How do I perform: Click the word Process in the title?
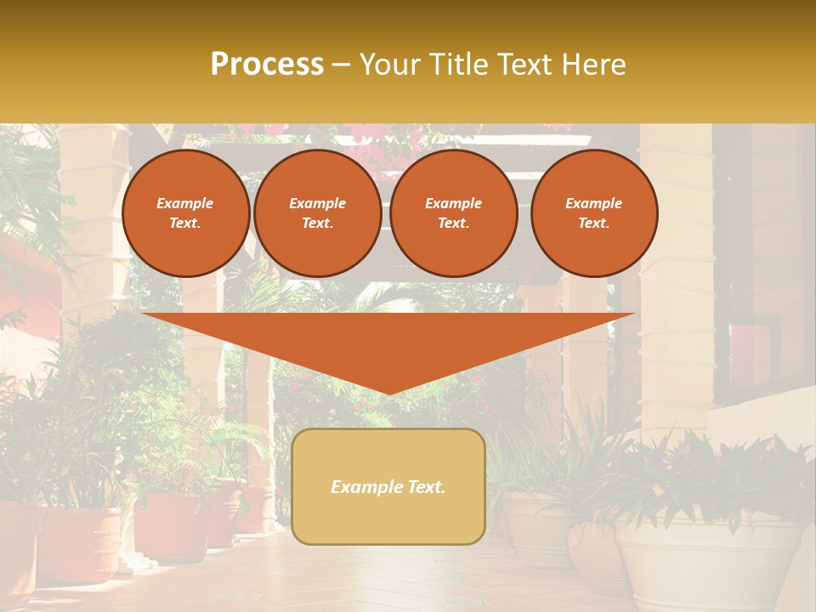point(267,65)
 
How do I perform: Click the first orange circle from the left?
point(186,213)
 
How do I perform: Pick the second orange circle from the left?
point(318,213)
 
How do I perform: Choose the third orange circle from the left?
point(454,213)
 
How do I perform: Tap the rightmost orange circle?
point(594,213)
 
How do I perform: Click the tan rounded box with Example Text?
point(388,486)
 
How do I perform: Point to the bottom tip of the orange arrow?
point(388,394)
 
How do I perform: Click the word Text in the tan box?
point(426,487)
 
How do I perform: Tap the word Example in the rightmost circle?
point(594,203)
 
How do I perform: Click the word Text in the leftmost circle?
point(184,224)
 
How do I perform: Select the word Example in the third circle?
point(454,203)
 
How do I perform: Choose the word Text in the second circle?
point(316,224)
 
